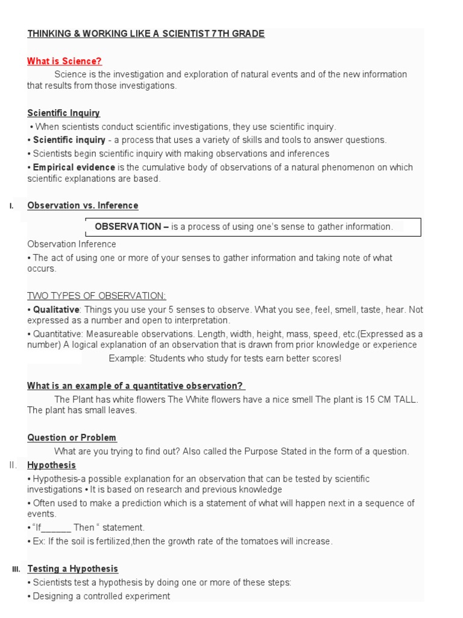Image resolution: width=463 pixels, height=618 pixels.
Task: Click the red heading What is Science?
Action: point(65,61)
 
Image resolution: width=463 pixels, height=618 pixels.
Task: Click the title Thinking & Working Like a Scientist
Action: point(146,34)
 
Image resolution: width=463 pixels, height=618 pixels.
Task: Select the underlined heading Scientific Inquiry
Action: point(63,113)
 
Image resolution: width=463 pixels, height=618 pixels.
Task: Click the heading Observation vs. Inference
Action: point(83,206)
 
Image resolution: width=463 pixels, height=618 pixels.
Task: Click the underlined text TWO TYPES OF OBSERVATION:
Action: point(96,295)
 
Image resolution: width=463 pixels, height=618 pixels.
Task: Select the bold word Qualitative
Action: point(56,310)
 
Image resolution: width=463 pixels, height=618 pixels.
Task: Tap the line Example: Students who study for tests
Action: point(224,358)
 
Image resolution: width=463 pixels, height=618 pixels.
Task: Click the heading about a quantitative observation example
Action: point(136,386)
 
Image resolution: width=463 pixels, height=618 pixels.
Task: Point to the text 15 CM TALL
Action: point(393,400)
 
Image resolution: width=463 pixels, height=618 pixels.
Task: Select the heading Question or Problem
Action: point(72,438)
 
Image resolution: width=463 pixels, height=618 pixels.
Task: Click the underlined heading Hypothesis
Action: point(52,465)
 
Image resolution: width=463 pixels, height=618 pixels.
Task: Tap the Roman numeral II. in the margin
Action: point(14,465)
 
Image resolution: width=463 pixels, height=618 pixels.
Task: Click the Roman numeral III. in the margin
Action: point(16,569)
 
